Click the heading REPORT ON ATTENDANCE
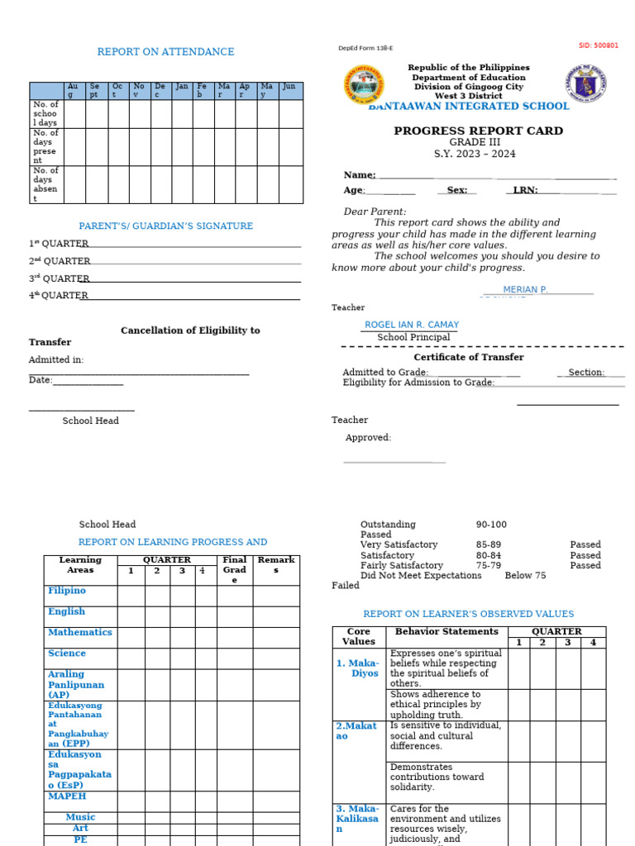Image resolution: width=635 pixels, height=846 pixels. click(x=165, y=52)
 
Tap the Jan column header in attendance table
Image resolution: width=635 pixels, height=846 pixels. click(x=182, y=87)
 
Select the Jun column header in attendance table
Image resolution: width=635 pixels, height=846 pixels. click(x=289, y=87)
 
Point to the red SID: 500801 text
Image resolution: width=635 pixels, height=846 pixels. click(x=598, y=45)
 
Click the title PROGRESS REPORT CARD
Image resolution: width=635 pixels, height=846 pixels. click(x=478, y=131)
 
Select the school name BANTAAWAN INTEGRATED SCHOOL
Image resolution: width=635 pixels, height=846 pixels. click(x=469, y=106)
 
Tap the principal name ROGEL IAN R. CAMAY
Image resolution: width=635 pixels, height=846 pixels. click(x=412, y=325)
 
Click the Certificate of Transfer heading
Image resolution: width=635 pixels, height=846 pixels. click(x=468, y=357)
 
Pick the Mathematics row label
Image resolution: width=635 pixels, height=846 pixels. click(x=79, y=632)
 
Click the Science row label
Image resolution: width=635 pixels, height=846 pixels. click(x=67, y=653)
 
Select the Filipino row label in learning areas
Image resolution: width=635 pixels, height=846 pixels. click(x=67, y=591)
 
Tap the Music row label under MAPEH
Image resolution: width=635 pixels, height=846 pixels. click(x=80, y=816)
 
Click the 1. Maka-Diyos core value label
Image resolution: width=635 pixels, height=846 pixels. click(x=358, y=668)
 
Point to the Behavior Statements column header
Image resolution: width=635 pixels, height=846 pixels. click(x=446, y=631)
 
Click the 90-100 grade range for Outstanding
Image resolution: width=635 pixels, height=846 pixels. click(x=491, y=525)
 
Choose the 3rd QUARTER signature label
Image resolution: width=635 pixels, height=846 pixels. click(x=58, y=278)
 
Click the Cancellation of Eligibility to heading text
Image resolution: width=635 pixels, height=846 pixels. click(x=190, y=330)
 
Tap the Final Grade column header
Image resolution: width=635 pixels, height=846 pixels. click(x=235, y=570)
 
